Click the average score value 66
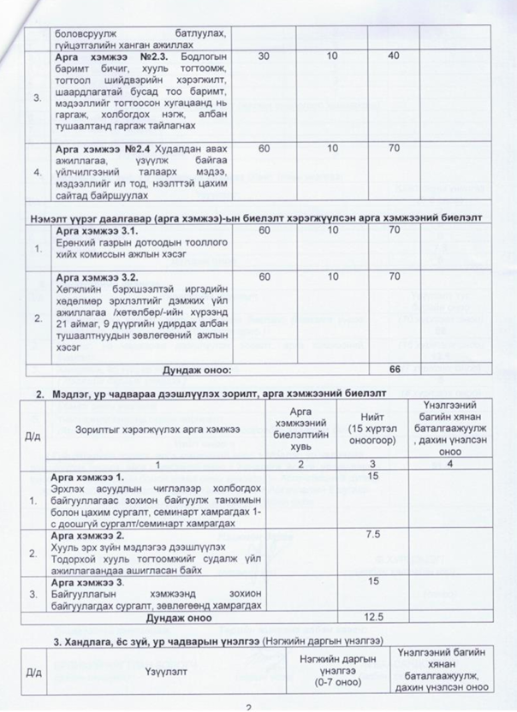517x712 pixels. point(395,369)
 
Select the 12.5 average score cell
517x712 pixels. point(372,615)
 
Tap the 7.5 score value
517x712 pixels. point(372,534)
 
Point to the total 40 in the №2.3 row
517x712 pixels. point(394,56)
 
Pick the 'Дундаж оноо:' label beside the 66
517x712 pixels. point(198,370)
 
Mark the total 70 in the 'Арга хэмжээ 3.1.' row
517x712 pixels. point(394,231)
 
